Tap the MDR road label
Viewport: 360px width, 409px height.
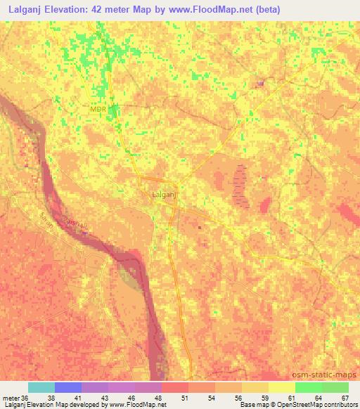pos(98,109)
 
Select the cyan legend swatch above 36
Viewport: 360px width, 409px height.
pos(41,387)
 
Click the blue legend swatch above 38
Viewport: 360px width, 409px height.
pos(68,387)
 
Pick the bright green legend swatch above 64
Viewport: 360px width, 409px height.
pos(308,387)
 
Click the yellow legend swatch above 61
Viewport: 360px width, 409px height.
pos(281,387)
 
